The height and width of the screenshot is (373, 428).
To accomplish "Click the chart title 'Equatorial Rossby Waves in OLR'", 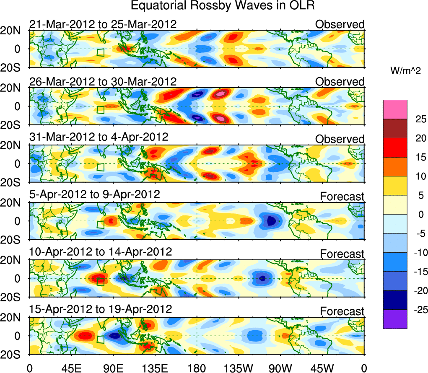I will click(x=223, y=6).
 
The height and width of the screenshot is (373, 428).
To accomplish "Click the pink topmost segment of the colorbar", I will click(x=395, y=109).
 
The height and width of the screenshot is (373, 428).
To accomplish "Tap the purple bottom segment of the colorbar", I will click(x=395, y=319).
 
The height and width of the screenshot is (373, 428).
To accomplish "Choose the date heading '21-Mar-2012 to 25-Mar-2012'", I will click(x=103, y=24).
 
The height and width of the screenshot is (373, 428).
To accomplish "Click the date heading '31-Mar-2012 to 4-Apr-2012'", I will click(x=99, y=137).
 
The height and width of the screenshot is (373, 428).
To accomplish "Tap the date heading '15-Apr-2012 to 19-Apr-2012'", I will click(x=101, y=309).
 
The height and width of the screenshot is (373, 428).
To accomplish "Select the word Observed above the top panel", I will click(x=340, y=24).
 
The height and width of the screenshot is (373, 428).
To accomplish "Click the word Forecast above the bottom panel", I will click(x=342, y=311).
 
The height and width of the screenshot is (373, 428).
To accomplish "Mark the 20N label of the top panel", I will click(x=12, y=31).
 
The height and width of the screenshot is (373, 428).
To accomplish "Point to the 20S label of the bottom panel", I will click(x=12, y=355).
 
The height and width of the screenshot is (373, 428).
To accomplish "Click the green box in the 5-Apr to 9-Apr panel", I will click(x=100, y=224).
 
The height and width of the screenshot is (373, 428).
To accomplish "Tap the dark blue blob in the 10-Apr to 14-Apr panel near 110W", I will click(x=262, y=277).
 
